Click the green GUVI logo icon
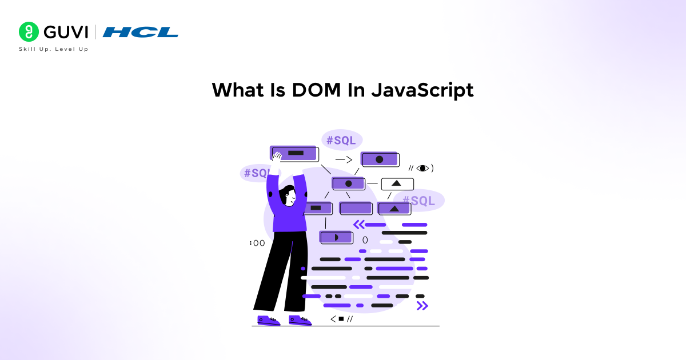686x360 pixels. coord(28,31)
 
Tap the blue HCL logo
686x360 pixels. coord(140,32)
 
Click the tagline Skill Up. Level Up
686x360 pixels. coord(54,49)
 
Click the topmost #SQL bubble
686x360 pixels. coord(342,140)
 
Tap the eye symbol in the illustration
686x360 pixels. coord(422,168)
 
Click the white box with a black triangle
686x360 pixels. coord(397,184)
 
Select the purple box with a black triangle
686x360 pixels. coord(394,209)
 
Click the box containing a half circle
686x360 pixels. coord(336,237)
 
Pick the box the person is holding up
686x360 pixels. coord(294,153)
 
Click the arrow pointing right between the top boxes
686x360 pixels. coord(344,160)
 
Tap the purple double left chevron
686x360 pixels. coord(359,225)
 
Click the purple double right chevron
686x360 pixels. coord(422,306)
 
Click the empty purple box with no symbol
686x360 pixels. coord(356,208)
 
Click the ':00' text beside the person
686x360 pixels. coord(257,243)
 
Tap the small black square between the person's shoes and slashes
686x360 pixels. coord(341,319)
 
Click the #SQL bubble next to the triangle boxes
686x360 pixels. coord(418,201)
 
